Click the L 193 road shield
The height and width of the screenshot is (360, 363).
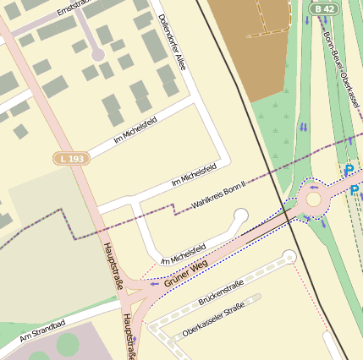coord(72,158)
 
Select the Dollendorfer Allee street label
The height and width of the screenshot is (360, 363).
coord(171,41)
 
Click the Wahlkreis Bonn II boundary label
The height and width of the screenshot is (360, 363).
coord(219,194)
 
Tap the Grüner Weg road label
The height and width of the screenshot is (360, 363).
coord(185,273)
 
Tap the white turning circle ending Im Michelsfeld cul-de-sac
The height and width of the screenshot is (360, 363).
coord(241,216)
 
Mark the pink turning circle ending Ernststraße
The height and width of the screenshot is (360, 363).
coord(97,54)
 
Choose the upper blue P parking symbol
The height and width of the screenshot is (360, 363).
coord(350,170)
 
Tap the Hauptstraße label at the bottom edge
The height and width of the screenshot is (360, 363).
coord(128,335)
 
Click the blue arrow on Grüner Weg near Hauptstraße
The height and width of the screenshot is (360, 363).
coord(153,284)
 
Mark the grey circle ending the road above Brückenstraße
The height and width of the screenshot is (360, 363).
coord(289,255)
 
